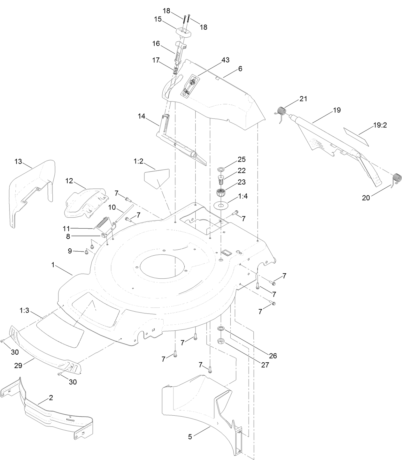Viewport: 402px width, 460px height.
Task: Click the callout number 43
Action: tap(225, 60)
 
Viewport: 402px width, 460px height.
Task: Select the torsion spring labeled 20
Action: tap(397, 179)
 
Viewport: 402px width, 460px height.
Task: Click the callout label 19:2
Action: tap(380, 125)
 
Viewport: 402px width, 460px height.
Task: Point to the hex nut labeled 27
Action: tap(220, 341)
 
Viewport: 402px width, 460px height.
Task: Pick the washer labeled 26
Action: tap(220, 329)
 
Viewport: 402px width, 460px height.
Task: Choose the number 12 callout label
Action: tap(69, 181)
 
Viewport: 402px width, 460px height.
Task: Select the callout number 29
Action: tap(18, 366)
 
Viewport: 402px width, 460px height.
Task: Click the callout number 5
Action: tap(190, 437)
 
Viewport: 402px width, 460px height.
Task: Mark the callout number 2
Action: tap(51, 398)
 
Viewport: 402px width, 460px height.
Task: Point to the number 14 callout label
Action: tap(142, 116)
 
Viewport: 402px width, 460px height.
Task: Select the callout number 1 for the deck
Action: tap(53, 265)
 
